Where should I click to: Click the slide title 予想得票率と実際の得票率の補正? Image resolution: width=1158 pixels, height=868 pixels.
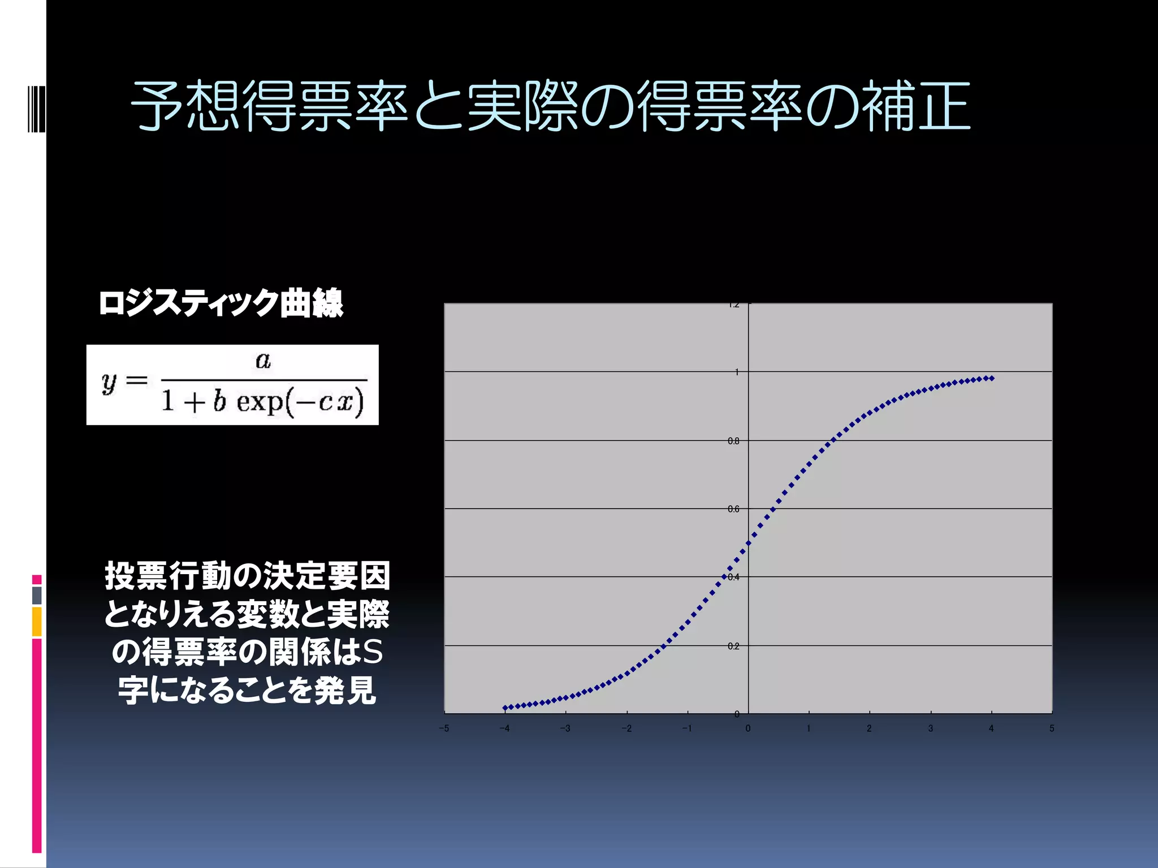pyautogui.click(x=550, y=106)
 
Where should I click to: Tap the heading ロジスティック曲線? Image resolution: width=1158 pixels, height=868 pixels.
pyautogui.click(x=221, y=303)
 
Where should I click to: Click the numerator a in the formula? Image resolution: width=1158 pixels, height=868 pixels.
pyautogui.click(x=263, y=360)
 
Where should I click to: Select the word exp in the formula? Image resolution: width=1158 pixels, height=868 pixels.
pyautogui.click(x=260, y=402)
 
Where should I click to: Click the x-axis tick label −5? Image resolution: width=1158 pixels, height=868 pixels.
pyautogui.click(x=444, y=728)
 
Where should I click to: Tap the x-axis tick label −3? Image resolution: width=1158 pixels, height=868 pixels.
pyautogui.click(x=565, y=728)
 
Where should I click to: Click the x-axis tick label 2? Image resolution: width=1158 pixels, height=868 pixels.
pyautogui.click(x=869, y=728)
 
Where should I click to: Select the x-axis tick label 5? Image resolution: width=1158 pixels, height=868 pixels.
pyautogui.click(x=1052, y=728)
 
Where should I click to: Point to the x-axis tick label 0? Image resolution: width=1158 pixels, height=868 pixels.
pyautogui.click(x=748, y=728)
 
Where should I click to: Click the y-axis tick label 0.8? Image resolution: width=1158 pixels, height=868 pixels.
pyautogui.click(x=733, y=441)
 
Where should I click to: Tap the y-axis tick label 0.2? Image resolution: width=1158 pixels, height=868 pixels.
pyautogui.click(x=733, y=646)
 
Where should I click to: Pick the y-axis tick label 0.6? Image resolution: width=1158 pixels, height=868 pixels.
pyautogui.click(x=733, y=509)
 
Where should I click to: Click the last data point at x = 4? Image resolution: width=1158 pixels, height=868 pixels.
pyautogui.click(x=992, y=378)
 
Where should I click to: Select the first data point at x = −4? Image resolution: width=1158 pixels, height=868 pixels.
pyautogui.click(x=505, y=708)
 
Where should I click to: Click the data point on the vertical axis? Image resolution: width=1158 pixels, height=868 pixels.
pyautogui.click(x=749, y=543)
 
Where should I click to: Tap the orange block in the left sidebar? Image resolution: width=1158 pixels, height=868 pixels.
pyautogui.click(x=37, y=622)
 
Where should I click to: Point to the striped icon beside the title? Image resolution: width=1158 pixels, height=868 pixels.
pyautogui.click(x=36, y=108)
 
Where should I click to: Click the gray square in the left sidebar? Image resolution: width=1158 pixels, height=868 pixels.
pyautogui.click(x=37, y=595)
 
